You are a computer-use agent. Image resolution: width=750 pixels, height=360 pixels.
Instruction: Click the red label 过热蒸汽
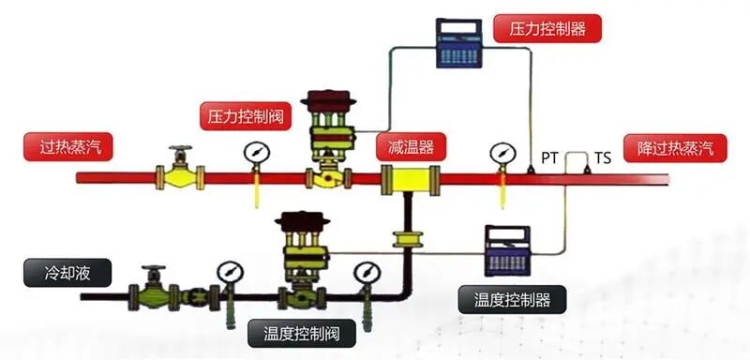click(64, 147)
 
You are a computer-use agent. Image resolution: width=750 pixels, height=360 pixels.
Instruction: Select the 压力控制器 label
click(547, 28)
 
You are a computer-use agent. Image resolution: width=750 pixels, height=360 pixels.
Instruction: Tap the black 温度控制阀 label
click(293, 332)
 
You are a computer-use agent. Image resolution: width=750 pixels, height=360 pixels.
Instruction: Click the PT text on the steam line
click(549, 157)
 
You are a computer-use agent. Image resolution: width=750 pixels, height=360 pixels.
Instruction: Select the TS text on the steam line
click(602, 157)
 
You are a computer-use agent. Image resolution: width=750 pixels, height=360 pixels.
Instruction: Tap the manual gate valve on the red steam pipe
click(180, 171)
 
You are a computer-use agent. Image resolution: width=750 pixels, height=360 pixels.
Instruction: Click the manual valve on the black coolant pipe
click(155, 291)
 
